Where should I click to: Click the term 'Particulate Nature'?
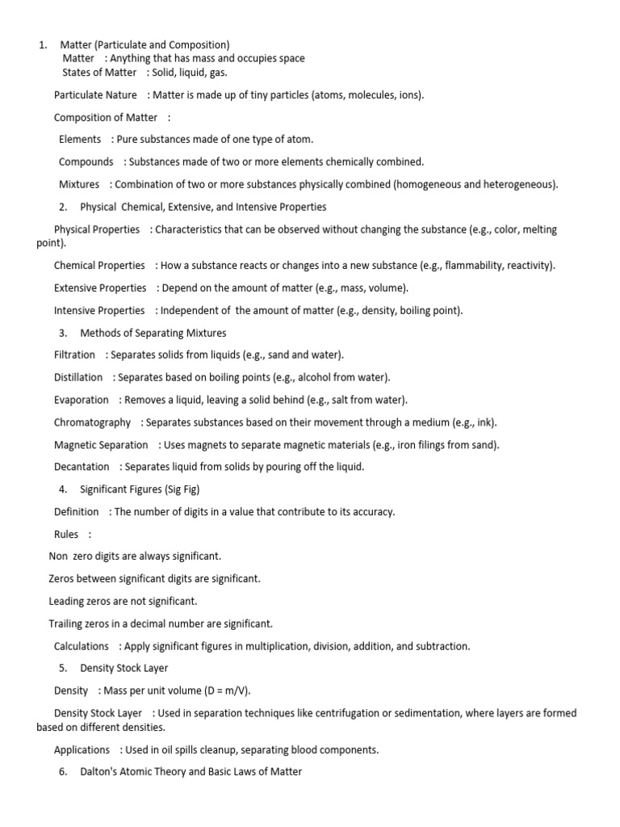pyautogui.click(x=95, y=95)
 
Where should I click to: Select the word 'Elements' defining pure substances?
pyautogui.click(x=80, y=140)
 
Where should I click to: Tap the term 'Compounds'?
pyautogui.click(x=86, y=162)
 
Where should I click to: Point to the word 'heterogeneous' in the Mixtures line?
pyautogui.click(x=519, y=184)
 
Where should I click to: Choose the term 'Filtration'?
pyautogui.click(x=74, y=355)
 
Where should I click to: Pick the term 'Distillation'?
pyautogui.click(x=78, y=377)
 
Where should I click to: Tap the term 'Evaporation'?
pyautogui.click(x=81, y=400)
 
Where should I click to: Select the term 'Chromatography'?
pyautogui.click(x=92, y=422)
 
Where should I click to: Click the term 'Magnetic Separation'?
pyautogui.click(x=101, y=445)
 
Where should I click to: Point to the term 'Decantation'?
pyautogui.click(x=82, y=467)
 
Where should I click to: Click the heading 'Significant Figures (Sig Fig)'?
pyautogui.click(x=140, y=489)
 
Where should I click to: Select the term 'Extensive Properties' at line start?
pyautogui.click(x=100, y=288)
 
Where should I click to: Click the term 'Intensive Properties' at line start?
pyautogui.click(x=99, y=310)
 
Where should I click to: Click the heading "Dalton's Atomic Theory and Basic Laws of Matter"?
pyautogui.click(x=191, y=772)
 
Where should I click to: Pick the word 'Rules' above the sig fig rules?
pyautogui.click(x=66, y=534)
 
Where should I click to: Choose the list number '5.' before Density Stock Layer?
pyautogui.click(x=63, y=669)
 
